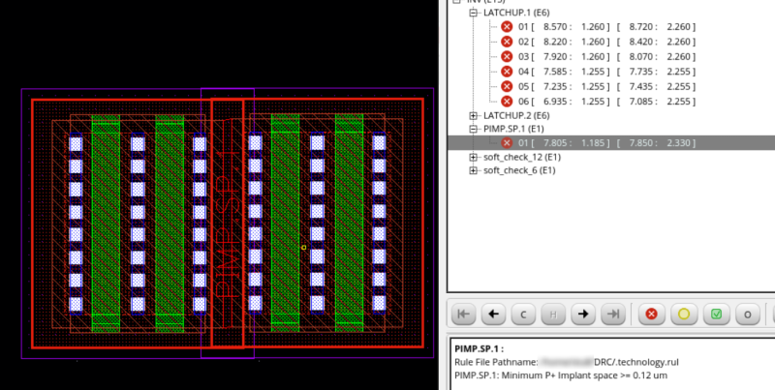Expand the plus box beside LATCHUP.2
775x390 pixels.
coord(474,115)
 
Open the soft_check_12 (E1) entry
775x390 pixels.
coord(522,157)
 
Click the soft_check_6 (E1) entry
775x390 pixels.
coord(519,170)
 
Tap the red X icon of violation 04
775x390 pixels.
coord(507,71)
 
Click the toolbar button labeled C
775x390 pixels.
coord(523,314)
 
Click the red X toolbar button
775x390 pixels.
coord(652,314)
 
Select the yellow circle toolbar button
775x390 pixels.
coord(684,314)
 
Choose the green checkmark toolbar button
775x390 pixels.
coord(716,314)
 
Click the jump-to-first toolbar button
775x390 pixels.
coord(463,314)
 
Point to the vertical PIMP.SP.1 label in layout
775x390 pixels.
coord(227,222)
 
